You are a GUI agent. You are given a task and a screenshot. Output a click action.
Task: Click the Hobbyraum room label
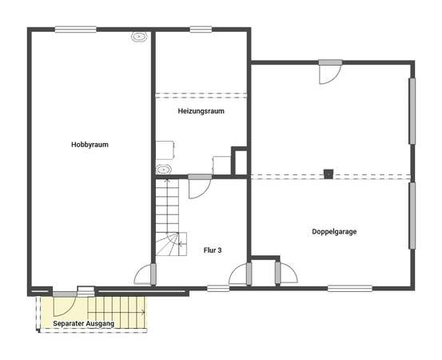[90, 145]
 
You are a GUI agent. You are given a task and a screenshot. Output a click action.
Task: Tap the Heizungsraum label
[201, 111]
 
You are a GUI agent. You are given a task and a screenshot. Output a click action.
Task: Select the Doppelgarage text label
[334, 232]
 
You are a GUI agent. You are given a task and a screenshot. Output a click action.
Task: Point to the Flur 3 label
[213, 250]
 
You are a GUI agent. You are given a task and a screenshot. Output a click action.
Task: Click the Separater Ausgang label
[83, 324]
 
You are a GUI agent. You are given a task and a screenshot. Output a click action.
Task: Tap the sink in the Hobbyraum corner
[139, 37]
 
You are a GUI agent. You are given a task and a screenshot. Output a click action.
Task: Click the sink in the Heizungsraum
[164, 170]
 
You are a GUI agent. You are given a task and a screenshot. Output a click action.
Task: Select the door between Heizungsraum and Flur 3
[200, 187]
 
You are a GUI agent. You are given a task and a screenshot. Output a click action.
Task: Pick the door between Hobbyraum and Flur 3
[145, 274]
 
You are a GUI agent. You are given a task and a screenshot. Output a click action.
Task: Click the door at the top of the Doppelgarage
[330, 72]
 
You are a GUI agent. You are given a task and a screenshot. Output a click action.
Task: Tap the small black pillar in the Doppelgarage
[329, 174]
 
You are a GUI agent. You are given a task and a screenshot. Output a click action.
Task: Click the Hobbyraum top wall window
[76, 30]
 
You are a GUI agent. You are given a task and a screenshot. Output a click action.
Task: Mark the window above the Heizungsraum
[201, 30]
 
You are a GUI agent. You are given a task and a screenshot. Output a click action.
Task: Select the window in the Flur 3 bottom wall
[218, 288]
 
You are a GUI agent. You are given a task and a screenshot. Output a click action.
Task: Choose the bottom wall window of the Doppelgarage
[350, 288]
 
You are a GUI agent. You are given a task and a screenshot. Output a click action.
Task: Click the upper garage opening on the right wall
[412, 111]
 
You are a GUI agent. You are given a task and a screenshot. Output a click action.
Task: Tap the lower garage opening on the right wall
[412, 216]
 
